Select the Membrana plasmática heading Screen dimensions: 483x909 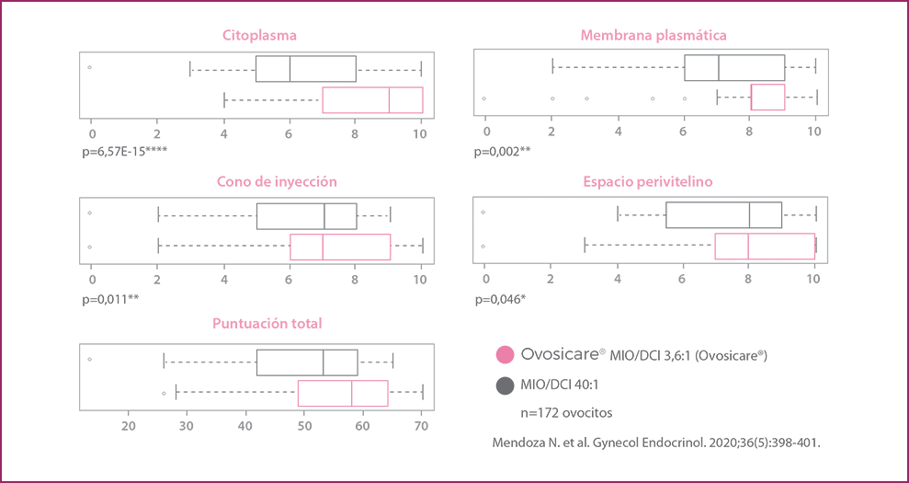tap(653, 36)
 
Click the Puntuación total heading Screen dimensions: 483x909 tap(267, 323)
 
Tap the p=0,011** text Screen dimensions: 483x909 tap(110, 299)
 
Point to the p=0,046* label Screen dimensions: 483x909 tap(501, 299)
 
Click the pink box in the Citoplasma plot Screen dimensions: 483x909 tap(372, 100)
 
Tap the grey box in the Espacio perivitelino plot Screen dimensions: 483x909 tap(723, 214)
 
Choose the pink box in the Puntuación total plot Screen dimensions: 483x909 tap(343, 393)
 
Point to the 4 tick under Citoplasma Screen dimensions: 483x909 tap(223, 133)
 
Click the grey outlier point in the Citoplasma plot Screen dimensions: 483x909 tap(89, 67)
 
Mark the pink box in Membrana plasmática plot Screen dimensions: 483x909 tap(767, 97)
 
